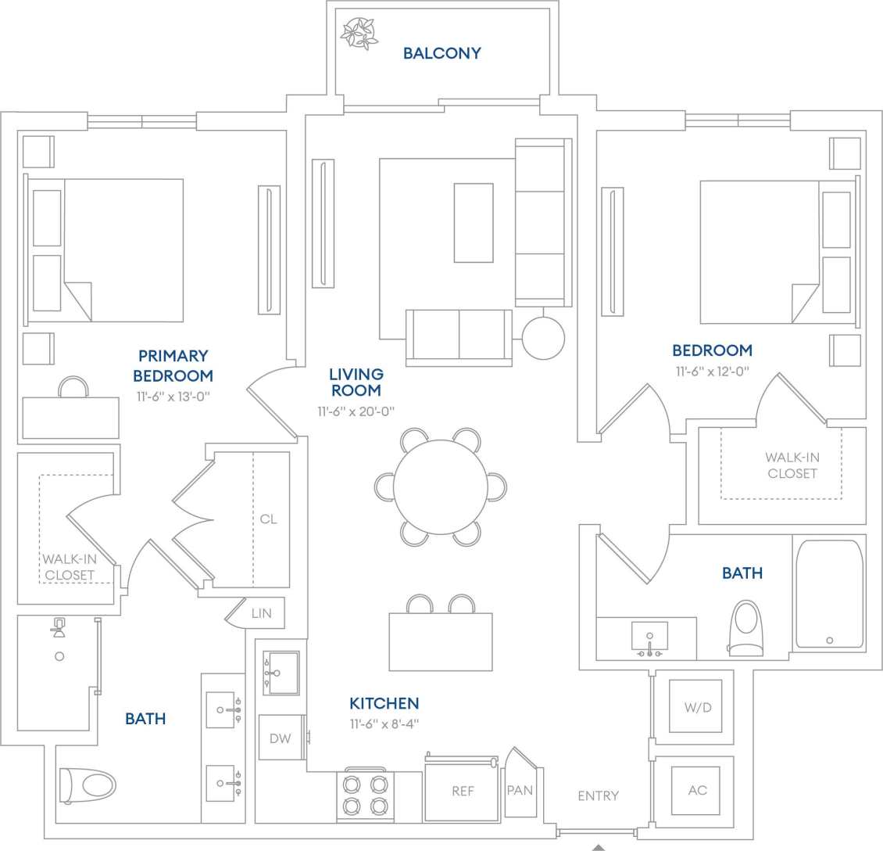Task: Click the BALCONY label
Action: pos(441,53)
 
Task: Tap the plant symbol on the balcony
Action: pos(359,31)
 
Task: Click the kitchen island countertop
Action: pos(441,641)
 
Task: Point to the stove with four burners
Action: pos(366,795)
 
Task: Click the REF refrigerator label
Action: pos(463,792)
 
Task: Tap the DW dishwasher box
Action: pos(280,738)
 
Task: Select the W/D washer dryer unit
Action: pos(697,708)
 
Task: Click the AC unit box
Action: pos(697,790)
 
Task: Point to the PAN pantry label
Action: pos(520,790)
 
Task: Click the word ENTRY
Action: pos(598,795)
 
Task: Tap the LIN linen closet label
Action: pos(262,613)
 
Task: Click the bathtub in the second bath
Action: pos(829,594)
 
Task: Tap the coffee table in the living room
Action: pos(474,223)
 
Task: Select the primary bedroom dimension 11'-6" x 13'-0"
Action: pos(173,397)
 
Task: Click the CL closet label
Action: pos(268,519)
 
